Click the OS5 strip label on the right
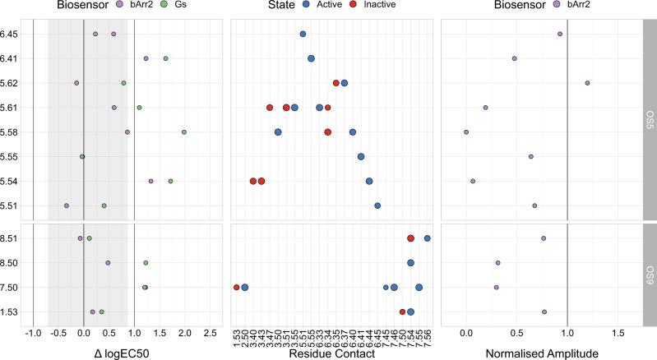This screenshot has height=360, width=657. pos(649,120)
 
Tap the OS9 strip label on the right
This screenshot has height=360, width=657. pos(649,275)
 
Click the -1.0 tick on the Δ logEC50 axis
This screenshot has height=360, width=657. pos(33,334)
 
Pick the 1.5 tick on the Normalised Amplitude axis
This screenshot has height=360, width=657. pos(618,334)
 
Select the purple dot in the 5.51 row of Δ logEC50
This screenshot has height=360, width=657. pos(67,205)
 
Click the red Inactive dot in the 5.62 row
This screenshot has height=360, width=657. pos(335,83)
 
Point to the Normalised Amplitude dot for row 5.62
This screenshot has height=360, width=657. pos(587,83)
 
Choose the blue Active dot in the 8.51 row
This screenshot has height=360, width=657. pos(428,238)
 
